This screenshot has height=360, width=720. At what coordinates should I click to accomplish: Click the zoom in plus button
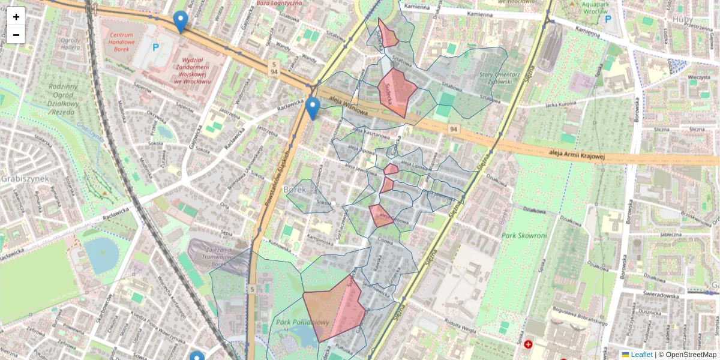[x=16, y=16]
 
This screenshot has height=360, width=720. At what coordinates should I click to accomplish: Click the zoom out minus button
[x=16, y=35]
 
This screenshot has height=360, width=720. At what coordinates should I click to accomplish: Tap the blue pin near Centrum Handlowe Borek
[x=180, y=22]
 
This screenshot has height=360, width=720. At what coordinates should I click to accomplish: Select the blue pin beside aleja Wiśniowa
[x=312, y=109]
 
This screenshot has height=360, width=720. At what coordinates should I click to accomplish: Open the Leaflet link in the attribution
[x=641, y=355]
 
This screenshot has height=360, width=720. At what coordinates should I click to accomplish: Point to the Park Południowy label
[x=303, y=323]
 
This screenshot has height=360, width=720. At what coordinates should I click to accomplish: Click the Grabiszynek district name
[x=23, y=179]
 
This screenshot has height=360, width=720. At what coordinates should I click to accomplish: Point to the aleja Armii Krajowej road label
[x=577, y=155]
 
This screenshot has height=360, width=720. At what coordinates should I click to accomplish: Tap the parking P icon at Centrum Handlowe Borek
[x=156, y=46]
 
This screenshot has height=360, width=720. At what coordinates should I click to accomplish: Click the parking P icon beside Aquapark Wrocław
[x=608, y=19]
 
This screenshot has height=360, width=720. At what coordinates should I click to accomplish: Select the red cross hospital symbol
[x=528, y=344]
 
